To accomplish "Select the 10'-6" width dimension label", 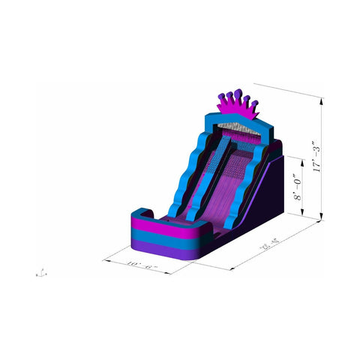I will coord(140,264).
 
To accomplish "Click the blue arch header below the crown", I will coord(232,120).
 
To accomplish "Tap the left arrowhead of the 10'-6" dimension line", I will coord(104,259).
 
